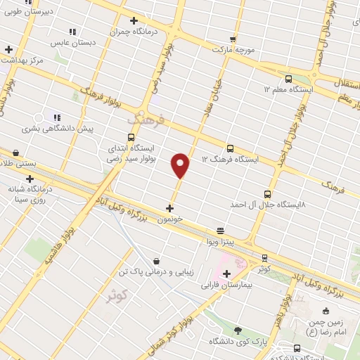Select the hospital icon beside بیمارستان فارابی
[x=226, y=274]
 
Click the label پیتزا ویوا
[x=220, y=242]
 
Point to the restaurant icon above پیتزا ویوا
[x=220, y=231]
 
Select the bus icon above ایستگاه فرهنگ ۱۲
[x=231, y=148]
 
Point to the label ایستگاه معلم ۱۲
[x=288, y=89]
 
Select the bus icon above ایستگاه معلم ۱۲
[x=288, y=78]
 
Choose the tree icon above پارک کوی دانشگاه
[x=237, y=330]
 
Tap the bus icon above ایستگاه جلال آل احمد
[x=267, y=193]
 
